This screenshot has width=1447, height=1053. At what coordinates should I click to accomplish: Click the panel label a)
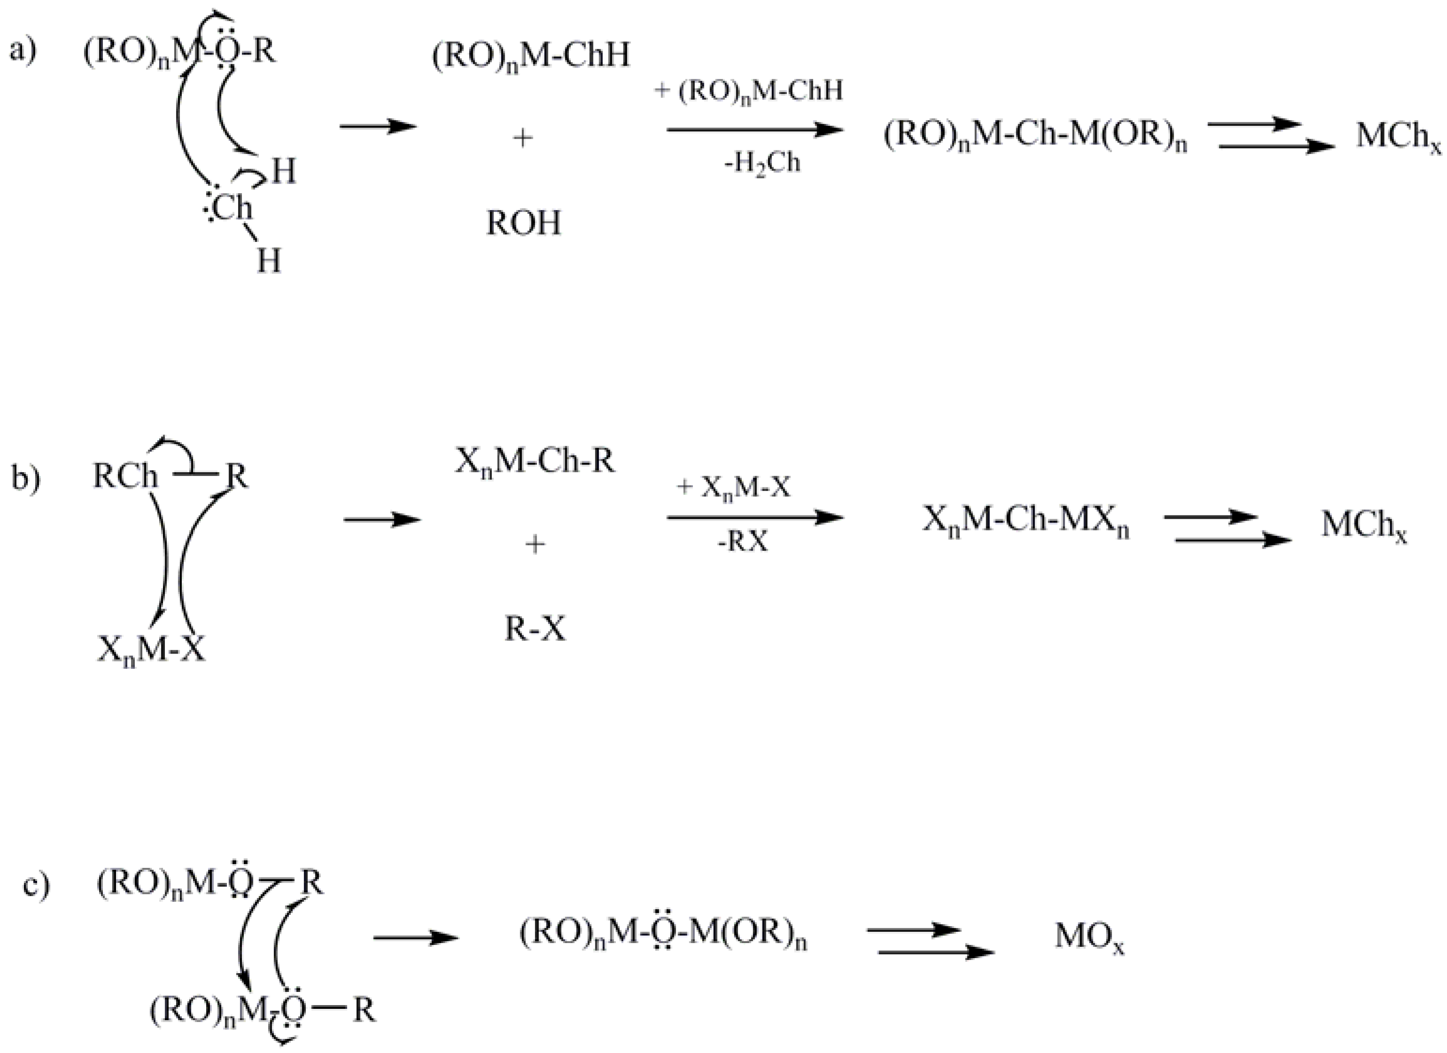(23, 50)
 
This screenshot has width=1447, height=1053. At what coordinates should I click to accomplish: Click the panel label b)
(25, 479)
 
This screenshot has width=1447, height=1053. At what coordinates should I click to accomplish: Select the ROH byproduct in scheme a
(523, 223)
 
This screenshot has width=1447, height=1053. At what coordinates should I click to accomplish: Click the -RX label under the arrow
(743, 542)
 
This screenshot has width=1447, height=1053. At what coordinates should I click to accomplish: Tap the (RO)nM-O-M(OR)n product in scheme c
(663, 936)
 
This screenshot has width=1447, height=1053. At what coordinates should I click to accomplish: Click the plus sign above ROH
(522, 138)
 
